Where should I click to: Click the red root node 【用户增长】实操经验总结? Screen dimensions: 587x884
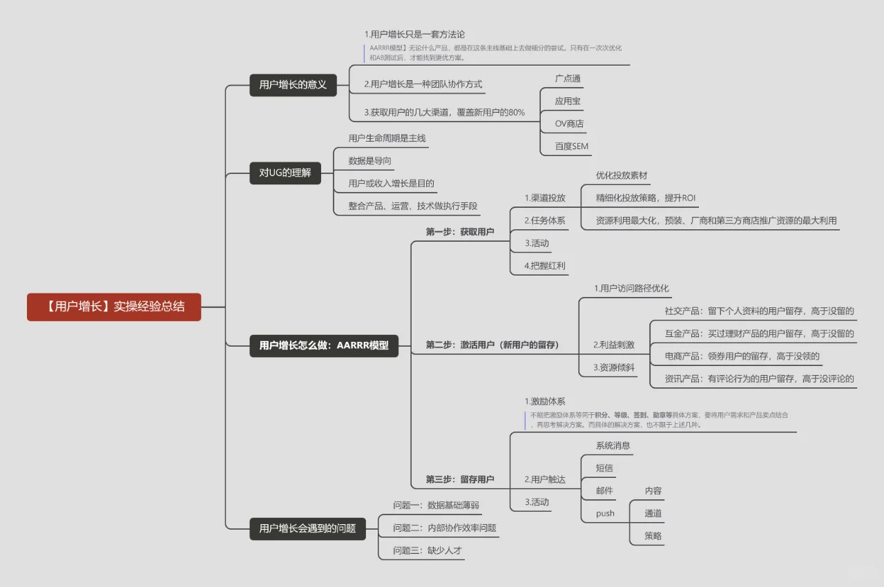114,307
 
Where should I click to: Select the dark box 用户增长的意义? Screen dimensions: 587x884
293,85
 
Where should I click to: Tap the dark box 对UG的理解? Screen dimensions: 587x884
285,173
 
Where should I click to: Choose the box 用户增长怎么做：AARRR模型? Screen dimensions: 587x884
324,345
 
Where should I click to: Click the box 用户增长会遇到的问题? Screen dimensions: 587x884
307,528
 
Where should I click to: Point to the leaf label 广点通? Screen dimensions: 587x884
568,79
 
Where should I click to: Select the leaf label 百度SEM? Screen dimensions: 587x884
571,146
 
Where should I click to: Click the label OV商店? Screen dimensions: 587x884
569,124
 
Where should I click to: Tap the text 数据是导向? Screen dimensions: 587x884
370,161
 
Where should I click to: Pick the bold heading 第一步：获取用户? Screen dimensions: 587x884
460,231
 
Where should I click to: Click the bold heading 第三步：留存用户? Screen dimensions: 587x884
460,479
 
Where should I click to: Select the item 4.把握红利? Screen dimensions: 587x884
545,265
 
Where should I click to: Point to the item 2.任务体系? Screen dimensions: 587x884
545,220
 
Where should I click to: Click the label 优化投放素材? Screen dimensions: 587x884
622,175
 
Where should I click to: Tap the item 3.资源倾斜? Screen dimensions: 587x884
613,367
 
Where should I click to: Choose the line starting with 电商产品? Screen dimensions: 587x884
742,356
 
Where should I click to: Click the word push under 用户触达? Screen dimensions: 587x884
605,513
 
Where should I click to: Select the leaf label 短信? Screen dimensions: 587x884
604,468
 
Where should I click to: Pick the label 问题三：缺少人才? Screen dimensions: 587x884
427,550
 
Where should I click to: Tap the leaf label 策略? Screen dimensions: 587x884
653,535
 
